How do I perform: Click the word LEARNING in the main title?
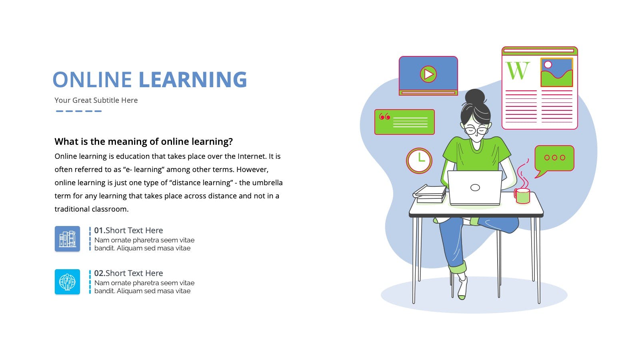(x=193, y=79)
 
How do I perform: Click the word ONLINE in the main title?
(x=92, y=79)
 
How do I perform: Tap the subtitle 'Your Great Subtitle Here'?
(x=96, y=100)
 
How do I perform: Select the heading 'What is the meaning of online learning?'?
(x=144, y=142)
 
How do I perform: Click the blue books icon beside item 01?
(x=68, y=239)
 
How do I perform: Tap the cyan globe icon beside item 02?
(x=68, y=282)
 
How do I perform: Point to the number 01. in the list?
(x=100, y=230)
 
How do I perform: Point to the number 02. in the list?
(x=100, y=273)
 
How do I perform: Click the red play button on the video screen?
(x=428, y=74)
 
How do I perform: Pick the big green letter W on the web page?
(x=518, y=70)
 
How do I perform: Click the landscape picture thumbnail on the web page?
(x=556, y=72)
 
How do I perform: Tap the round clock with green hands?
(x=419, y=160)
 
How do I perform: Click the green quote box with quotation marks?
(x=404, y=122)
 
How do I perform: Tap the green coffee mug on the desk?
(x=522, y=196)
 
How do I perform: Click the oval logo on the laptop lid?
(x=475, y=188)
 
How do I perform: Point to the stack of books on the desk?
(x=430, y=194)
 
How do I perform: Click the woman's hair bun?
(x=475, y=96)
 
